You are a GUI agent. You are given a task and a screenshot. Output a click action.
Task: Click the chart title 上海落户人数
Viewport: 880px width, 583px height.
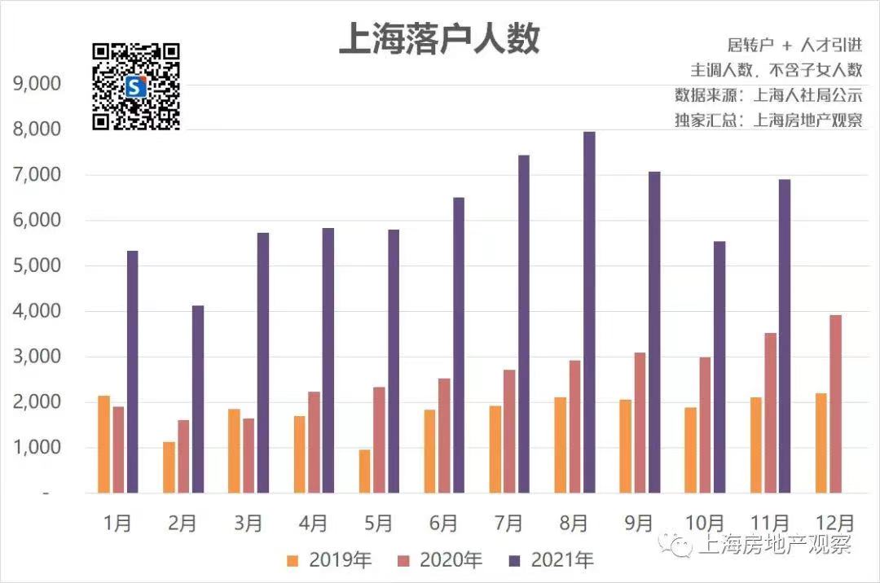click(439, 39)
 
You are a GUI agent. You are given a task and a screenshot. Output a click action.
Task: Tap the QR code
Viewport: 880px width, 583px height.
click(136, 86)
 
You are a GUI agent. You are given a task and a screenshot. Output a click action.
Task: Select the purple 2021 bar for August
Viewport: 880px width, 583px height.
click(589, 312)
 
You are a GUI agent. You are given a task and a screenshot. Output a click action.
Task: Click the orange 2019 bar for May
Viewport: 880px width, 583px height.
click(365, 471)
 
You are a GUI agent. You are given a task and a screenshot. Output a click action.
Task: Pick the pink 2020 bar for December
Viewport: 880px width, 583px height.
click(836, 404)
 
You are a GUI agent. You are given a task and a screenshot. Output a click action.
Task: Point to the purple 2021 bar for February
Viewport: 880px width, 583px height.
click(198, 399)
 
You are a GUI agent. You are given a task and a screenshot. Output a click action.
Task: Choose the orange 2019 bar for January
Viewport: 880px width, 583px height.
click(103, 445)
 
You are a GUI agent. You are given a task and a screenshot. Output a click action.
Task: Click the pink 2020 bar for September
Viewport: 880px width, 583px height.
click(640, 423)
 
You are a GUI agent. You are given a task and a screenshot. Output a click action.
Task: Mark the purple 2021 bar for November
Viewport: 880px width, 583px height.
click(785, 336)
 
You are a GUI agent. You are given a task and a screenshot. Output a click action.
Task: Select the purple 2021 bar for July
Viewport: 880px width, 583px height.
click(524, 324)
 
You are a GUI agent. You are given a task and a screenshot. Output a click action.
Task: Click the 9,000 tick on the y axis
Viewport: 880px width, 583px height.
click(37, 84)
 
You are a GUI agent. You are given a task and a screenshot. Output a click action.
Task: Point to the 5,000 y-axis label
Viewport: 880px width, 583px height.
click(37, 265)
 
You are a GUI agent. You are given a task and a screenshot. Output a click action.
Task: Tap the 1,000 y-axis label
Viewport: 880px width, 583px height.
click(37, 447)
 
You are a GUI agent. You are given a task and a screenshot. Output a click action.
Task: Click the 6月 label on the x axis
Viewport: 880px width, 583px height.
click(443, 523)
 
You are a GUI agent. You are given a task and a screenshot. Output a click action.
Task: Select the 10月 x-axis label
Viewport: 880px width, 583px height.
click(704, 523)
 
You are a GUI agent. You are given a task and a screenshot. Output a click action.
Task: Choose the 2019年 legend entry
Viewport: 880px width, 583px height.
click(329, 559)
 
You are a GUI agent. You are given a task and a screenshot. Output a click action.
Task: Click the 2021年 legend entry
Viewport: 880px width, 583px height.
click(551, 559)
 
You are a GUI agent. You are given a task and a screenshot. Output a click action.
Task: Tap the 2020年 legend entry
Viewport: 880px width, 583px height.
click(439, 559)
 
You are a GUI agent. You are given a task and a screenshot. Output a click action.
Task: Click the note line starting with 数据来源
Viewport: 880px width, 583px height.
click(768, 94)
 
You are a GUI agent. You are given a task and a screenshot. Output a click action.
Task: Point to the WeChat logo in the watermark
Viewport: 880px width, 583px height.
click(675, 542)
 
